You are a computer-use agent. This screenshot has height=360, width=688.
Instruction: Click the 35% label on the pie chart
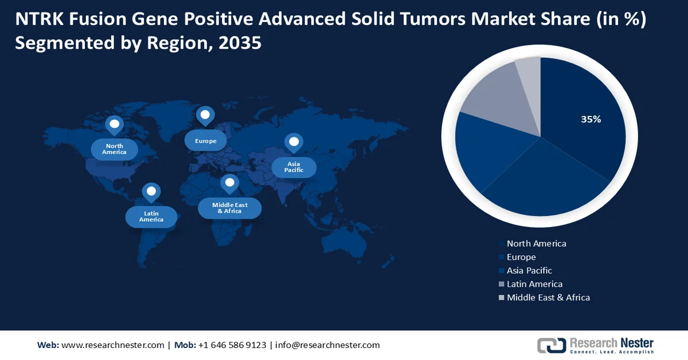591,119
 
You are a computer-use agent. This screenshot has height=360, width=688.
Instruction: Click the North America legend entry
536,244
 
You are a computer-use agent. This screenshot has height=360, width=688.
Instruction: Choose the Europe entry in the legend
521,257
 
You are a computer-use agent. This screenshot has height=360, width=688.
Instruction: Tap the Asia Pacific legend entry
529,271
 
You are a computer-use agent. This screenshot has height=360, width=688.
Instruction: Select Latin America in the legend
534,284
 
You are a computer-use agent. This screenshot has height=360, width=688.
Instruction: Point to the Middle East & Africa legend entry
548,298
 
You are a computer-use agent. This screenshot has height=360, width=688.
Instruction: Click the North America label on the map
114,150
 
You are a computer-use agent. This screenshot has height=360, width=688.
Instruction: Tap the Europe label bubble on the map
205,140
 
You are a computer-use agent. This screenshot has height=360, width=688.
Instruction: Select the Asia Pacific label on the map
294,167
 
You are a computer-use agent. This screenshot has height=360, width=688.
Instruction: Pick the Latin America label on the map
151,217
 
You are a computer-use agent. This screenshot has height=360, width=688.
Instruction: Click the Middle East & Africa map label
229,208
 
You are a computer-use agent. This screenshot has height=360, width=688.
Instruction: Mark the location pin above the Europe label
205,115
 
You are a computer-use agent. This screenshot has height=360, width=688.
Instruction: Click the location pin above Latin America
151,192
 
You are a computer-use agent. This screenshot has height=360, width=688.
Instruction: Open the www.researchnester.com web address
112,345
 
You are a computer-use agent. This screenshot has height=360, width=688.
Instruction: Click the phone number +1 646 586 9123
232,345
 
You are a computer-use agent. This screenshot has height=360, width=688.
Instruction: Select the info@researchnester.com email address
327,345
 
